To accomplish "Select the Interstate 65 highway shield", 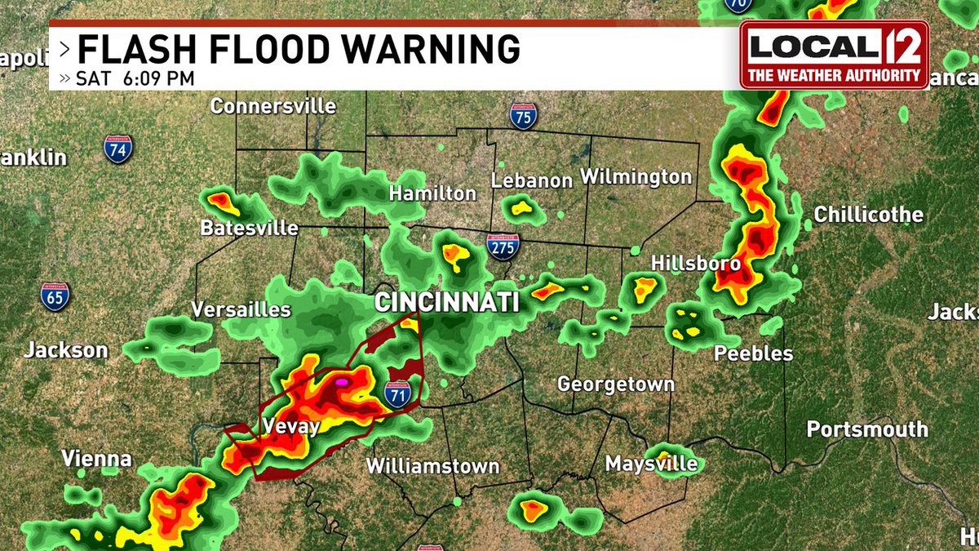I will (x=55, y=295).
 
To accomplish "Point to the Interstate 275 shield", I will (x=501, y=247).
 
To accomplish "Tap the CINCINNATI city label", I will (x=446, y=302).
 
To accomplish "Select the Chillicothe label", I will (x=868, y=215).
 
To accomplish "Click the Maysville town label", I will (x=651, y=464).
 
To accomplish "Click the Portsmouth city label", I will (x=867, y=429).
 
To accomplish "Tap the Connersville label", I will (x=272, y=106).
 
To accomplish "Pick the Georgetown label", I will (x=615, y=384).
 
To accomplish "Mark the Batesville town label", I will (x=249, y=228).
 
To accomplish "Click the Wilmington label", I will (x=636, y=176).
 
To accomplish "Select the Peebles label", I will (x=753, y=353).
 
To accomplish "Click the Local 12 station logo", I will (x=834, y=55).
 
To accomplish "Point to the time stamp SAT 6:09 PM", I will (x=135, y=78).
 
